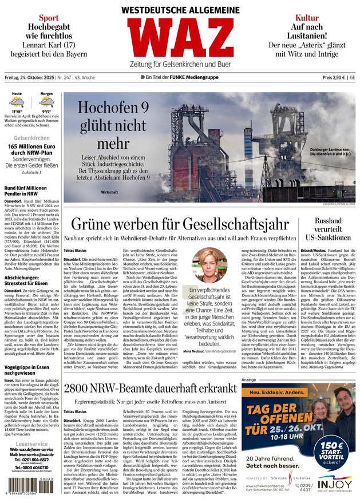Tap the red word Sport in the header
point(49,18)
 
